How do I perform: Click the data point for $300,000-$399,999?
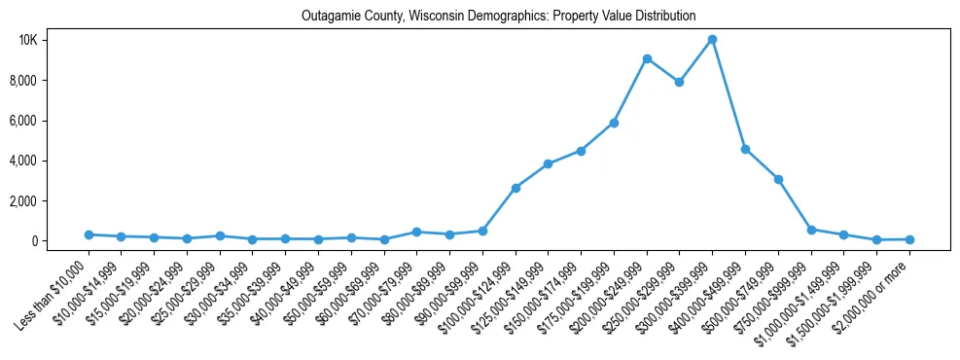(712, 40)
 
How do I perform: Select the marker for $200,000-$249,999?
(647, 58)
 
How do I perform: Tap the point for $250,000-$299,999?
(679, 82)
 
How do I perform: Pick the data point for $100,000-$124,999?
(516, 188)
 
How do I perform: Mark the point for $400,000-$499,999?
(745, 149)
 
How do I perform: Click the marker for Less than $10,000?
(89, 234)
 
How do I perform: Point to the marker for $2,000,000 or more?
(909, 239)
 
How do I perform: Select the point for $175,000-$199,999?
(614, 123)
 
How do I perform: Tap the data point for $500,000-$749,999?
(778, 179)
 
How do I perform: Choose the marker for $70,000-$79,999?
(416, 232)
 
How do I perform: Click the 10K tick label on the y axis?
(55, 40)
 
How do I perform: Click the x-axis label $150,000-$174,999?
(547, 292)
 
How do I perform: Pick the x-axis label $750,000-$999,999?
(775, 292)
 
